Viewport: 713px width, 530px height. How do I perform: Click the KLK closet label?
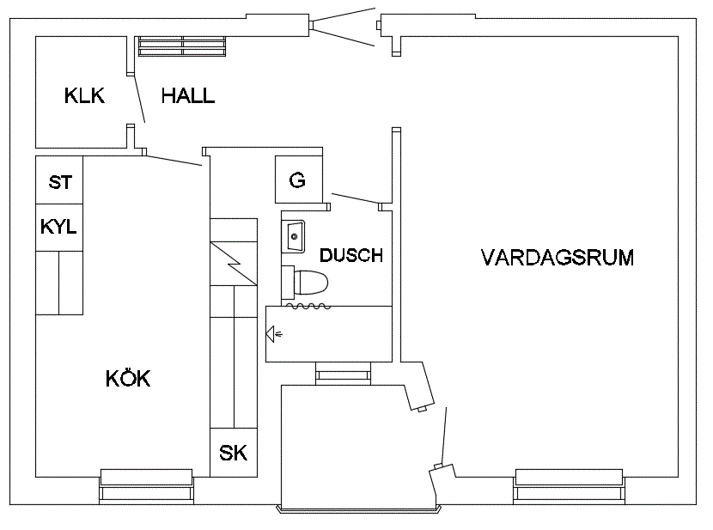(x=84, y=96)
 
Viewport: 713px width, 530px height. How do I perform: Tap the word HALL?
(x=188, y=96)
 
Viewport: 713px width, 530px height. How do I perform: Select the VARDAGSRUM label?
(x=558, y=258)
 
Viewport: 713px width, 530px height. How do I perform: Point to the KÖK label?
(x=128, y=378)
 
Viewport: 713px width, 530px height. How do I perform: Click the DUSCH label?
(x=351, y=255)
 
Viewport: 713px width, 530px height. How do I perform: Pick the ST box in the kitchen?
(x=59, y=180)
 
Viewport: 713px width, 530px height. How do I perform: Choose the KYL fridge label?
(x=58, y=227)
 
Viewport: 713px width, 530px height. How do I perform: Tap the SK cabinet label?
(x=234, y=454)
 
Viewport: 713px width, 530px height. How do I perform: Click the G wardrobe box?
(x=299, y=180)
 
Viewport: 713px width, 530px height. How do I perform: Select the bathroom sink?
(x=293, y=236)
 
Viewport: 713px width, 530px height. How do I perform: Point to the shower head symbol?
(x=273, y=334)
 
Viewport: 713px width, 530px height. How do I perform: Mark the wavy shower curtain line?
(x=308, y=307)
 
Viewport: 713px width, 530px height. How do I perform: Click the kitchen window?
(x=146, y=486)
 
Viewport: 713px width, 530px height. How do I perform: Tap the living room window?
(x=569, y=486)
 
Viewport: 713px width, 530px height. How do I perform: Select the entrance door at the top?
(x=344, y=27)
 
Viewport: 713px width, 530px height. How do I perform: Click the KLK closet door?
(x=139, y=98)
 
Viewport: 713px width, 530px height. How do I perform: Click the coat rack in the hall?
(x=182, y=46)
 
